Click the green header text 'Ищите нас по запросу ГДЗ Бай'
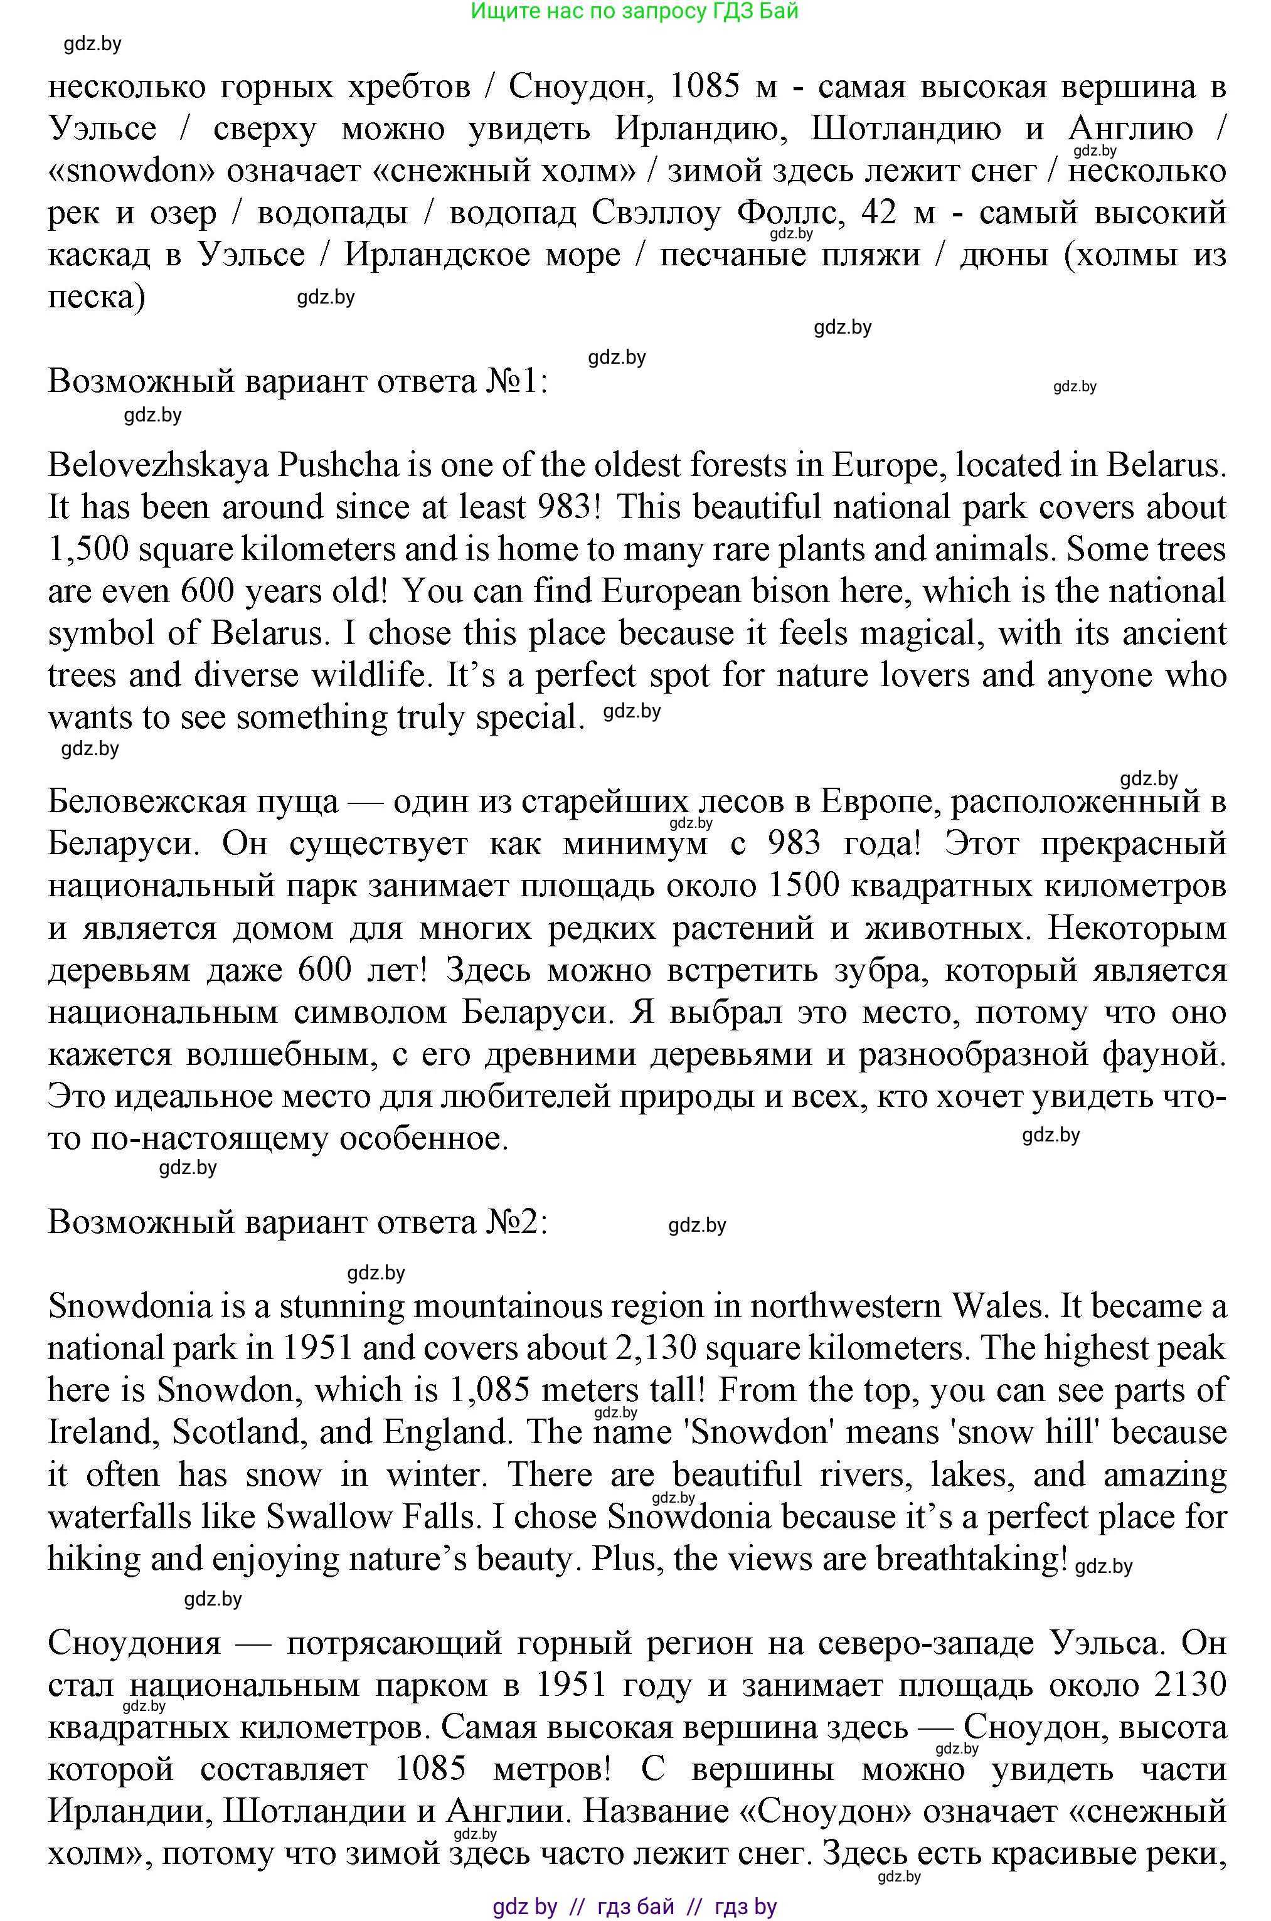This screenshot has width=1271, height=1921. tap(635, 11)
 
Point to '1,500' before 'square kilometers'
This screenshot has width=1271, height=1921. tap(88, 550)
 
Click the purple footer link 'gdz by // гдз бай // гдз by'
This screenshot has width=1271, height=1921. tap(635, 1907)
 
